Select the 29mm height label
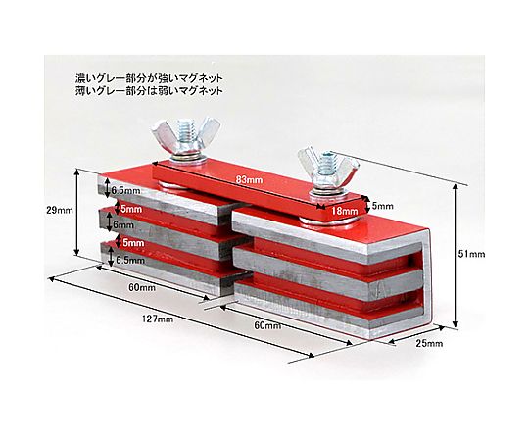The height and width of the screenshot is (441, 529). pos(60,210)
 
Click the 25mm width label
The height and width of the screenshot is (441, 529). pos(429,344)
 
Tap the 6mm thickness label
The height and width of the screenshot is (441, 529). pos(123,224)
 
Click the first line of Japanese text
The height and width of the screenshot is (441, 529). pos(149,79)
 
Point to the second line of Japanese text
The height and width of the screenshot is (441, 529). pos(149,91)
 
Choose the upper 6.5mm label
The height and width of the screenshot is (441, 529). pos(125,191)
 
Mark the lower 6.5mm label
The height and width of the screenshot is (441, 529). pos(130,260)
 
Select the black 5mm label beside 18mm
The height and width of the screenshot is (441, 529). pos(383,206)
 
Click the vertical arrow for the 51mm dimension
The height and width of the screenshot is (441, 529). pos(456,256)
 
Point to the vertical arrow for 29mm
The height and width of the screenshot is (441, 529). pos(77,213)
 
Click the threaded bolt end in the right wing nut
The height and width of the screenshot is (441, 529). pos(326,162)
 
